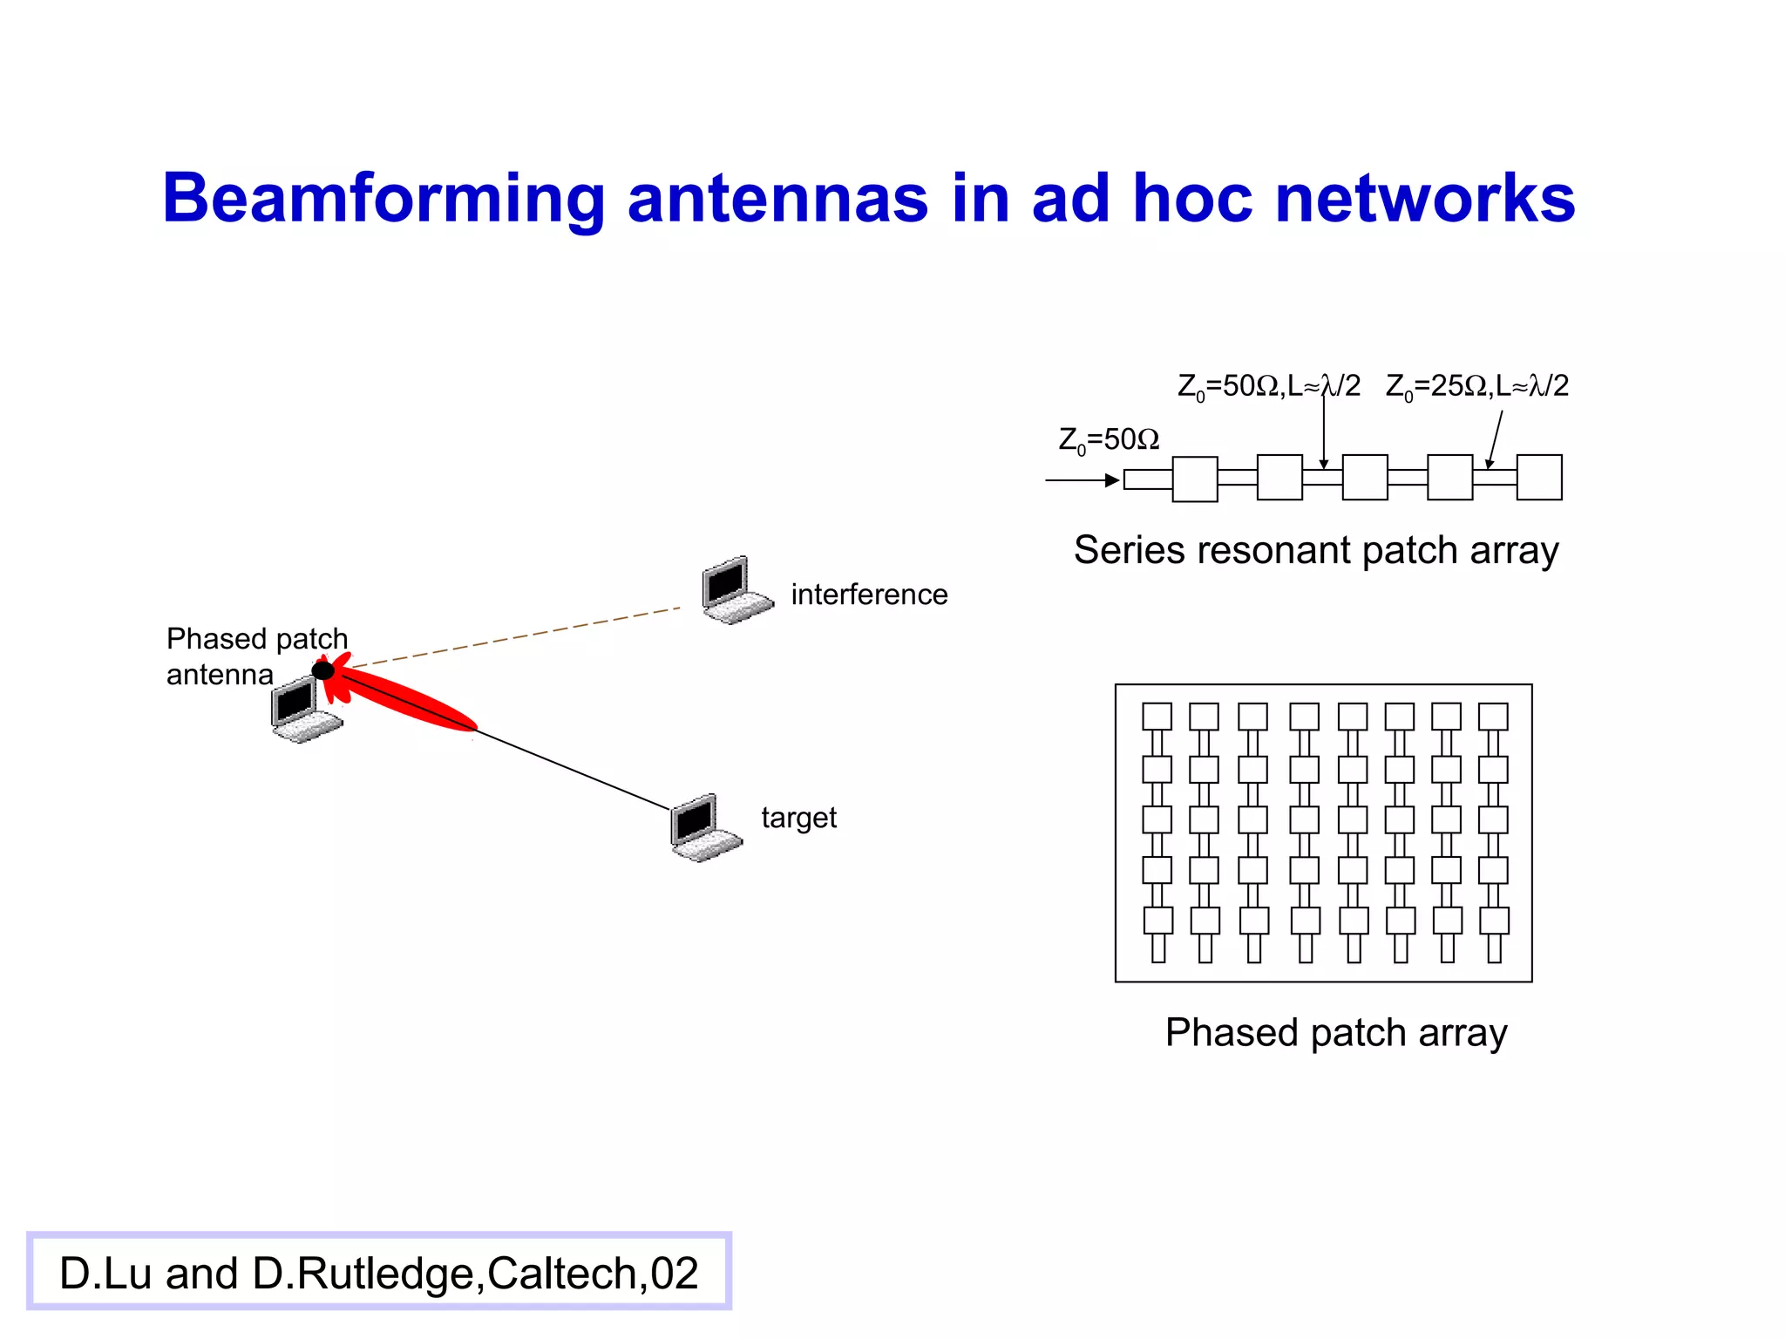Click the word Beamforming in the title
point(383,199)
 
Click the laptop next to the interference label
point(736,590)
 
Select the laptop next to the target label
point(704,827)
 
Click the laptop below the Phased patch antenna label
point(304,710)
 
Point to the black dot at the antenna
point(322,670)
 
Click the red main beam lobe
point(410,701)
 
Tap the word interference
point(869,595)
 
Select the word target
point(798,818)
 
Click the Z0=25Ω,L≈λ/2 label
point(1476,386)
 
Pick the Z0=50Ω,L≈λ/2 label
point(1268,386)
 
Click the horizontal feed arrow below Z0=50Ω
point(1082,480)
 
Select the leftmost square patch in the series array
point(1194,479)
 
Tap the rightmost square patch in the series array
point(1538,478)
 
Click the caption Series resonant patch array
point(1316,550)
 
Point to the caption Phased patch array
point(1336,1033)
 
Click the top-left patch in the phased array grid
point(1157,717)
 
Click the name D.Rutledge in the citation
point(363,1274)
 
